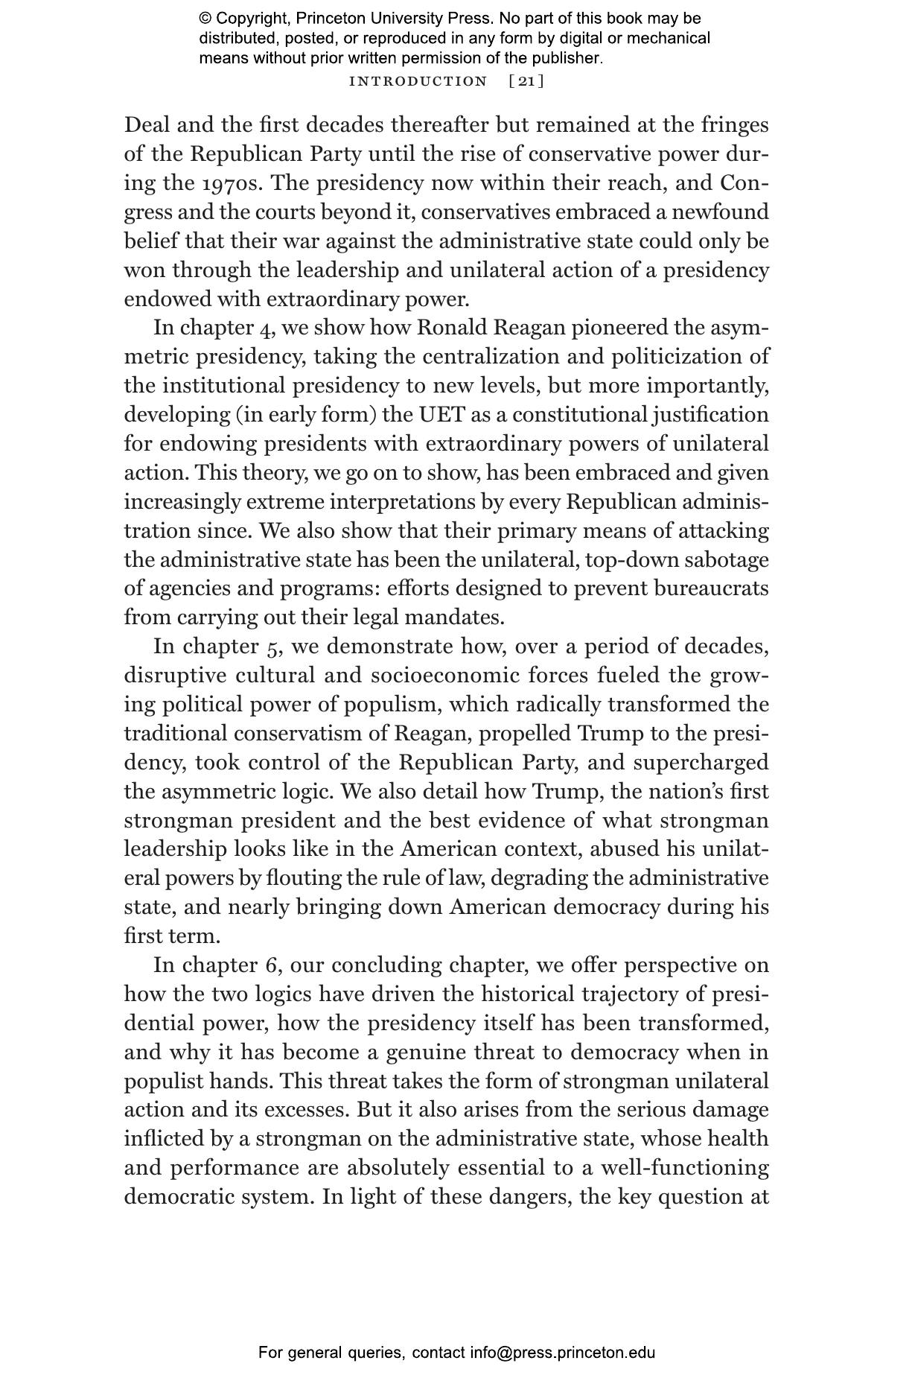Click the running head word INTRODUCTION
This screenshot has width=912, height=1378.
click(x=418, y=81)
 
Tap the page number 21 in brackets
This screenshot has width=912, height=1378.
click(x=526, y=81)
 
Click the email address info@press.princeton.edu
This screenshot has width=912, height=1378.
click(x=562, y=1353)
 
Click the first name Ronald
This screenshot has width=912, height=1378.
click(x=452, y=328)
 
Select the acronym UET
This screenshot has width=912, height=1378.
click(x=445, y=415)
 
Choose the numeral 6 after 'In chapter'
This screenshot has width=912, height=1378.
click(x=271, y=965)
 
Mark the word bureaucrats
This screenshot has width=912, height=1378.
click(x=711, y=589)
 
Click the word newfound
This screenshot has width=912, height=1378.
click(x=721, y=212)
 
